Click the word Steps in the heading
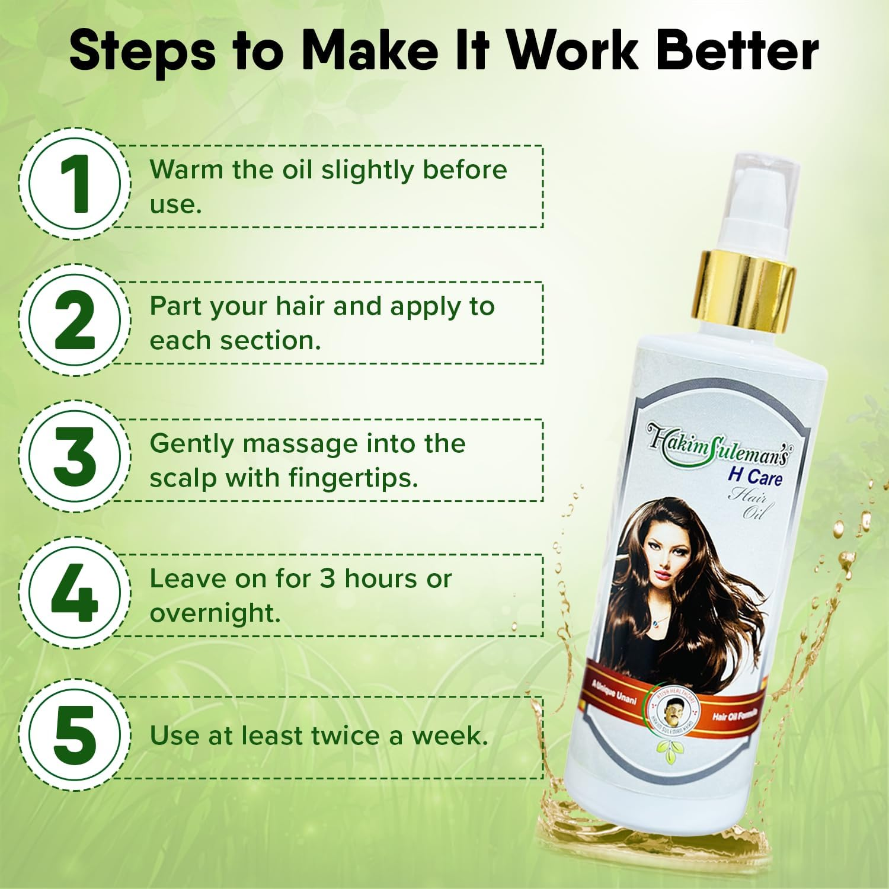142,52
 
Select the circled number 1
75,184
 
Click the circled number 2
75,321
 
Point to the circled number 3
75,457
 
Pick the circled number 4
75,593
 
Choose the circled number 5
75,734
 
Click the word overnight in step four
215,613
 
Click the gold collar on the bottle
743,287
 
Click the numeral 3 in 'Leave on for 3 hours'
327,579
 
